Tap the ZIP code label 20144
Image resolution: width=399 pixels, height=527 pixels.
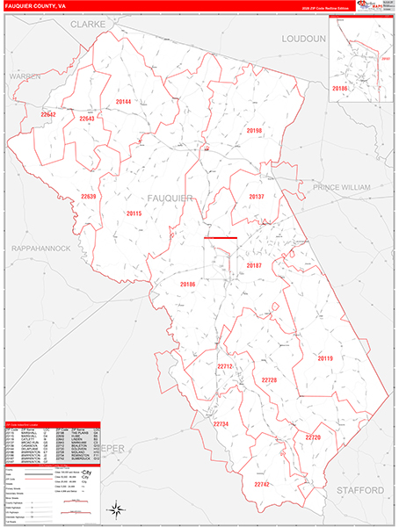[x=123, y=102]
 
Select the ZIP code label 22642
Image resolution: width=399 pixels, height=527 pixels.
[x=48, y=114]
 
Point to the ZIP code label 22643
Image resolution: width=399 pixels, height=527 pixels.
[x=87, y=119]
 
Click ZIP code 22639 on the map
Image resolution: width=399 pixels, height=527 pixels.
[x=89, y=196]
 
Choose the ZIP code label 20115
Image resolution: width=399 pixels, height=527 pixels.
[x=134, y=213]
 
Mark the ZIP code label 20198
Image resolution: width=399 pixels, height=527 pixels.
[x=255, y=130]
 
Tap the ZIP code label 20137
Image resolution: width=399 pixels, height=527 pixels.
[x=257, y=197]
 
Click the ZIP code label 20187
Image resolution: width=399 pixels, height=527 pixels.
[x=254, y=264]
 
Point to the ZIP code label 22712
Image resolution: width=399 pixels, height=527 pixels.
[x=225, y=366]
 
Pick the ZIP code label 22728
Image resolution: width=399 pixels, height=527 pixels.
[x=269, y=379]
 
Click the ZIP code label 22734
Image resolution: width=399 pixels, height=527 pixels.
[x=221, y=424]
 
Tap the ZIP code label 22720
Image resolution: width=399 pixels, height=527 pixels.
[x=313, y=437]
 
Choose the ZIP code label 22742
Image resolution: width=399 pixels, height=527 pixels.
[x=262, y=484]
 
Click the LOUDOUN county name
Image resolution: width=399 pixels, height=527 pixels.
[x=304, y=40]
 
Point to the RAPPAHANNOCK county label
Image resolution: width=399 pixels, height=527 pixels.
[x=41, y=249]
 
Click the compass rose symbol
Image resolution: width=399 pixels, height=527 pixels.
[x=116, y=509]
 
